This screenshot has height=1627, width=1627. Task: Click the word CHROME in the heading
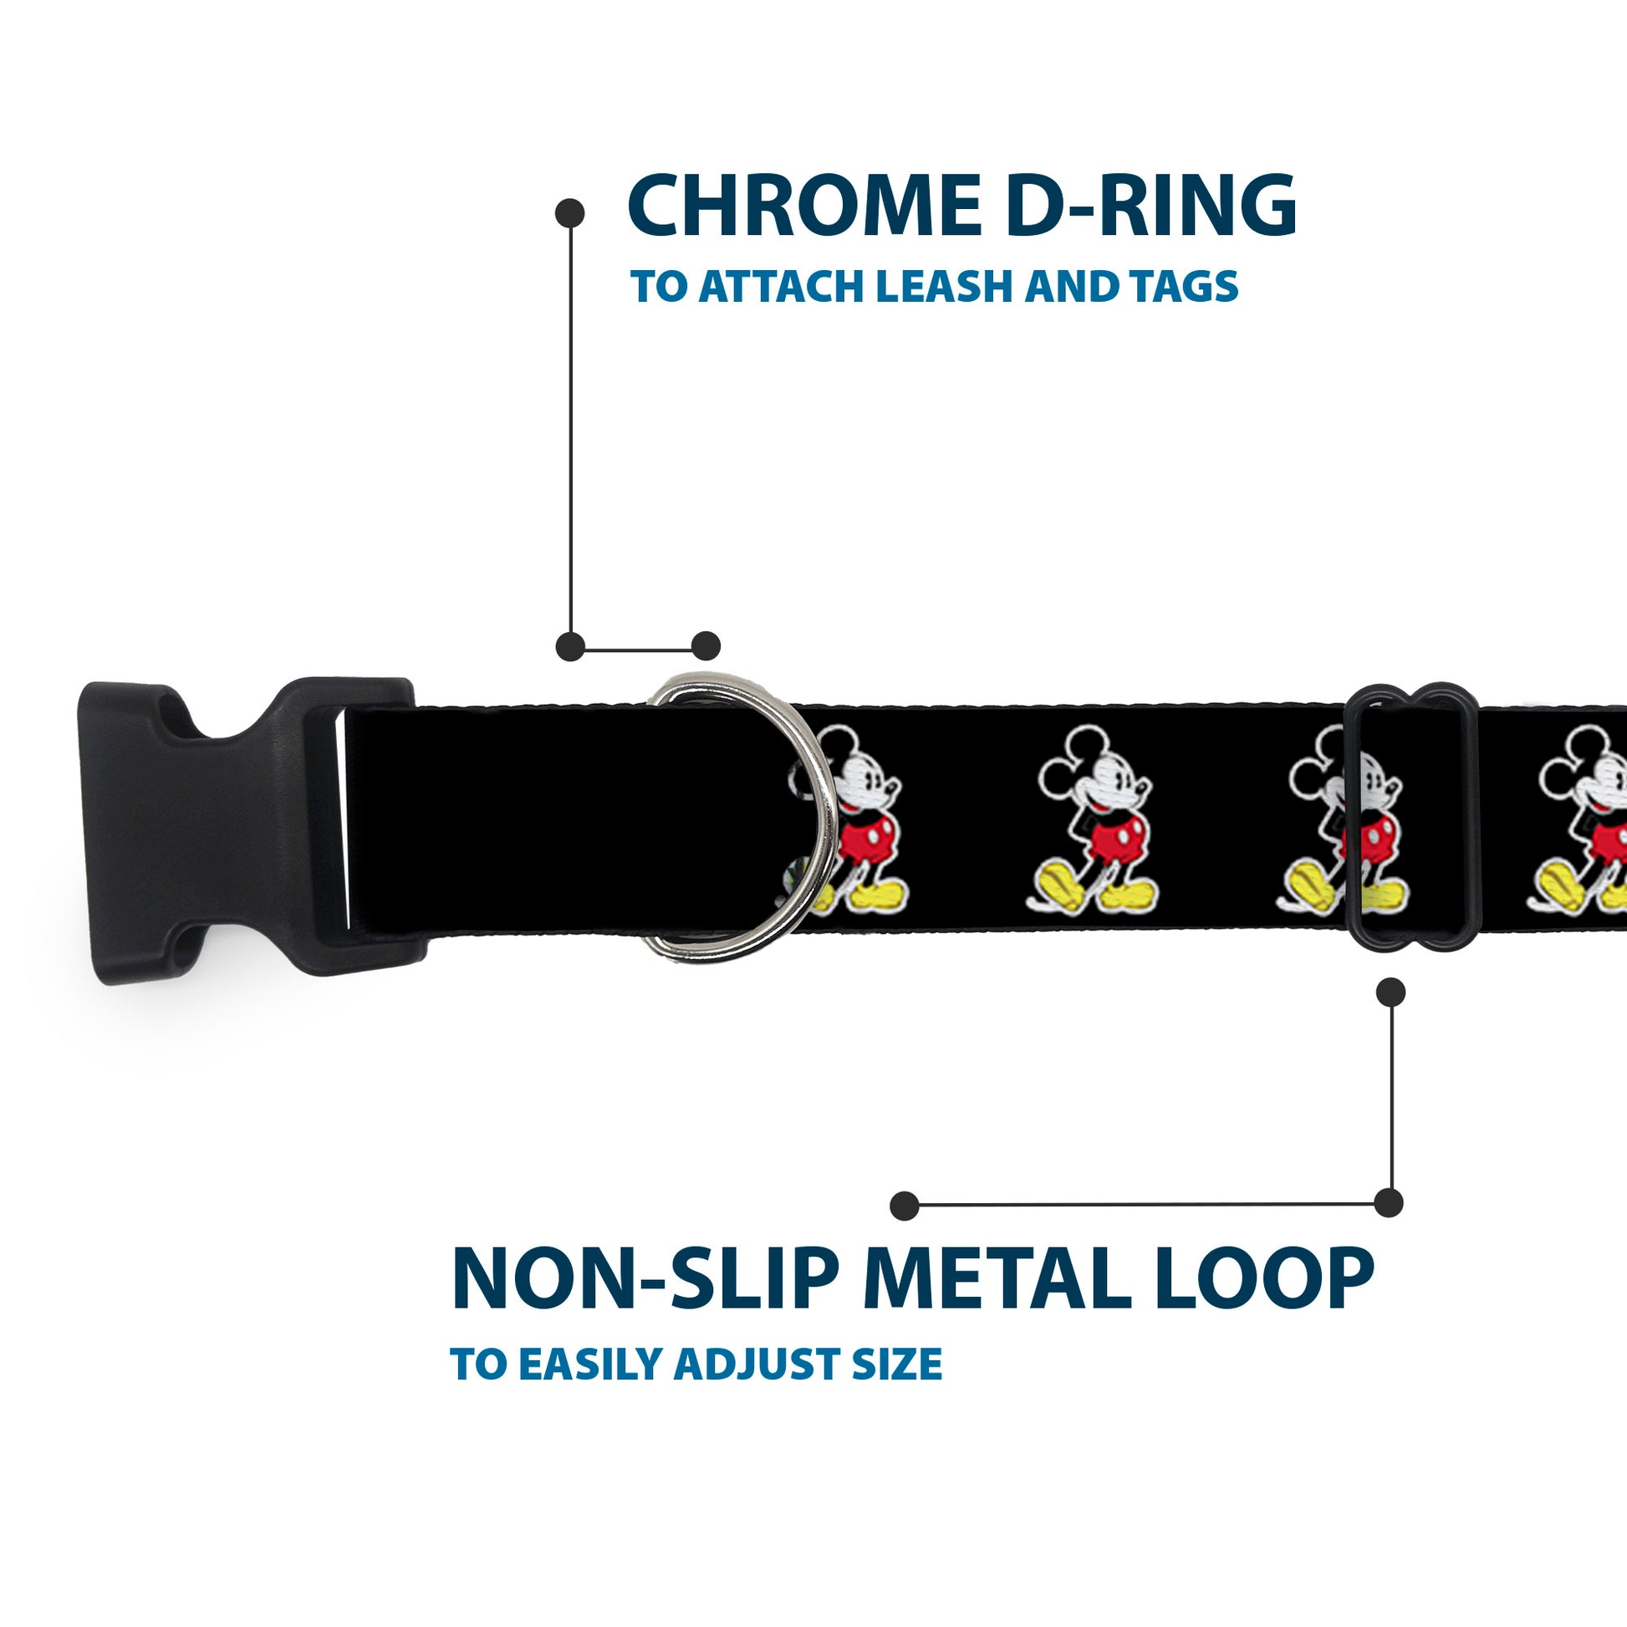tap(804, 207)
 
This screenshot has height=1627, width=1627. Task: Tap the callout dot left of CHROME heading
tap(570, 213)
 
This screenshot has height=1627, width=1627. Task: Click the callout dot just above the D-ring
tap(706, 646)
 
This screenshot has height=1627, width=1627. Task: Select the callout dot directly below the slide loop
tap(1390, 992)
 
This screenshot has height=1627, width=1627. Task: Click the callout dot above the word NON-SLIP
tap(904, 1205)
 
